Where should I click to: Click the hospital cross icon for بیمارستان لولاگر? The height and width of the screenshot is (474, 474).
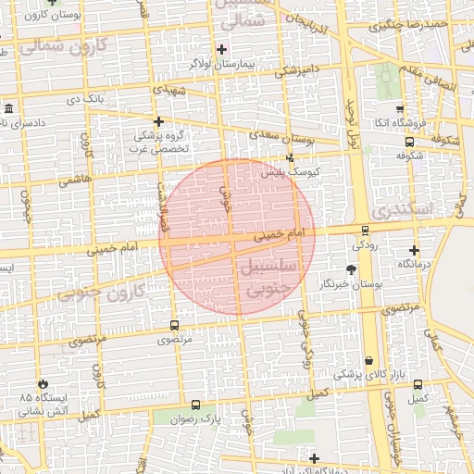[x=221, y=49]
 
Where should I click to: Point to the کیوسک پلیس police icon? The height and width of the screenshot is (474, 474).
[x=290, y=157]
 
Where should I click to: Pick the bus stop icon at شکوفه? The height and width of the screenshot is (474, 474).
[x=409, y=142]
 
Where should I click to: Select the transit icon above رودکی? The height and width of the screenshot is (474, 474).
[x=365, y=231]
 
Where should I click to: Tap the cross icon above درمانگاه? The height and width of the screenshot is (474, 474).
[x=414, y=250]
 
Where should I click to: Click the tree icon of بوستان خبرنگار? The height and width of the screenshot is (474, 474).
[x=351, y=269]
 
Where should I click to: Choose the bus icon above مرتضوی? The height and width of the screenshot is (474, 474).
[x=174, y=325]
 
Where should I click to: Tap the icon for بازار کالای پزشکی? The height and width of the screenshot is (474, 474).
[x=369, y=361]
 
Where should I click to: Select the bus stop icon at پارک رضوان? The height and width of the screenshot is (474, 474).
[x=194, y=405]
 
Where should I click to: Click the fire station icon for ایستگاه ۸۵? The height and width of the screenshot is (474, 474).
[x=42, y=383]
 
